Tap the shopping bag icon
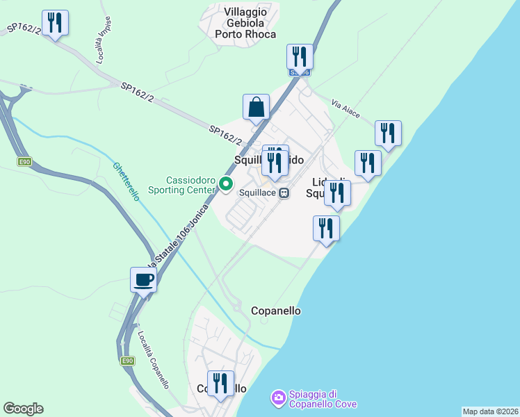point(256,107)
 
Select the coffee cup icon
point(143,280)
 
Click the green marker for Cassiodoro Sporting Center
point(225,184)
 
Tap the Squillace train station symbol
point(284,193)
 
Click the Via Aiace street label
point(346,108)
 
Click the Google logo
point(23,409)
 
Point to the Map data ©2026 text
point(490,411)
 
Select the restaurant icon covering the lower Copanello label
point(220,383)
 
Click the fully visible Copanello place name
point(275,311)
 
